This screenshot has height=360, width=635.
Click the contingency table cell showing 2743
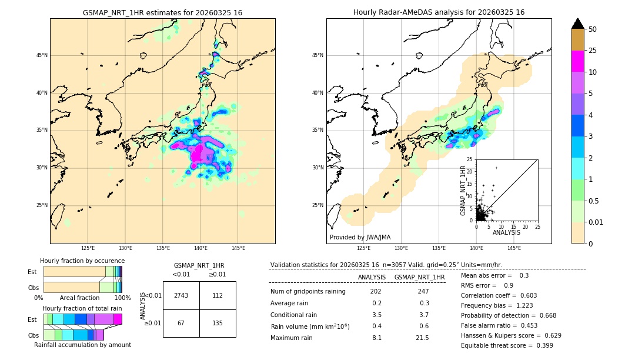[x=181, y=295]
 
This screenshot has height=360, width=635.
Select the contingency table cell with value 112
[x=218, y=295]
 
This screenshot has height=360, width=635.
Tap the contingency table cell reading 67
[x=181, y=323]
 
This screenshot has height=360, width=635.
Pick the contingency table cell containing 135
[x=218, y=323]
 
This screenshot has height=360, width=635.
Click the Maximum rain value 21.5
[x=422, y=338]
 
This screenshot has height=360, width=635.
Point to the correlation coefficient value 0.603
[x=524, y=295]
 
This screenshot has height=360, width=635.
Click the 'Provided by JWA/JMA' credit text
[x=360, y=238]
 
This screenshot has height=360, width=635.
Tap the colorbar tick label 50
[x=593, y=29]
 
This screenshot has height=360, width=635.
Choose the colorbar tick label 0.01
[x=595, y=222]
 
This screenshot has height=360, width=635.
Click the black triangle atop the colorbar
[x=577, y=24]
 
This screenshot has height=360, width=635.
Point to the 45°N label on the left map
[x=42, y=55]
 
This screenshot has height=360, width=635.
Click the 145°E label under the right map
[x=514, y=248]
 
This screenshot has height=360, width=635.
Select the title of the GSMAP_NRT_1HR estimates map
[x=162, y=12]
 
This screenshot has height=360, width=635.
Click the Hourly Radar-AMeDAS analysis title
[x=439, y=12]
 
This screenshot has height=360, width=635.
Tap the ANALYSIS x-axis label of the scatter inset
[x=506, y=232]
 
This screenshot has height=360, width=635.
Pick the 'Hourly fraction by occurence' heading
[x=82, y=261]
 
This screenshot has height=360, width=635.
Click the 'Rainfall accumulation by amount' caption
[x=82, y=345]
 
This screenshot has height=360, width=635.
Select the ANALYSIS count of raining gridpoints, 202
[x=376, y=291]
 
